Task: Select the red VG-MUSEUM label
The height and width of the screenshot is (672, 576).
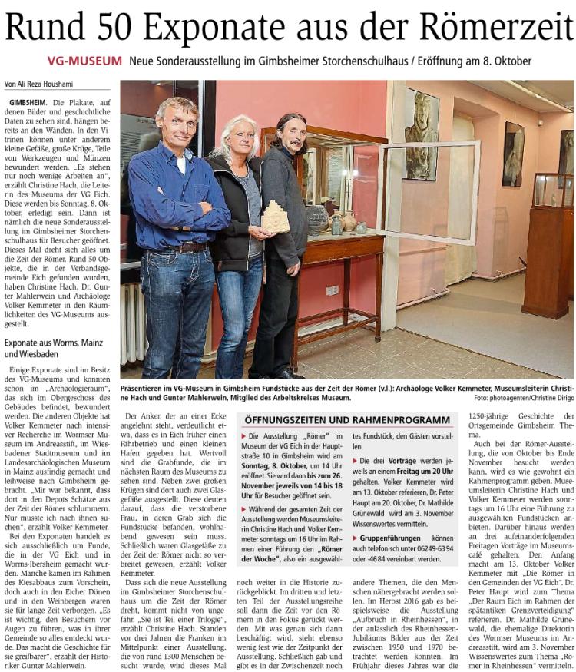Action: [84, 60]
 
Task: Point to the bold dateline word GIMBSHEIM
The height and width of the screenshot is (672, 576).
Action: [28, 102]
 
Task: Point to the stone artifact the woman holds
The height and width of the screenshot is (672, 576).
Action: [274, 217]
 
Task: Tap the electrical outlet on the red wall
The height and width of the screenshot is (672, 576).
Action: [332, 290]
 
